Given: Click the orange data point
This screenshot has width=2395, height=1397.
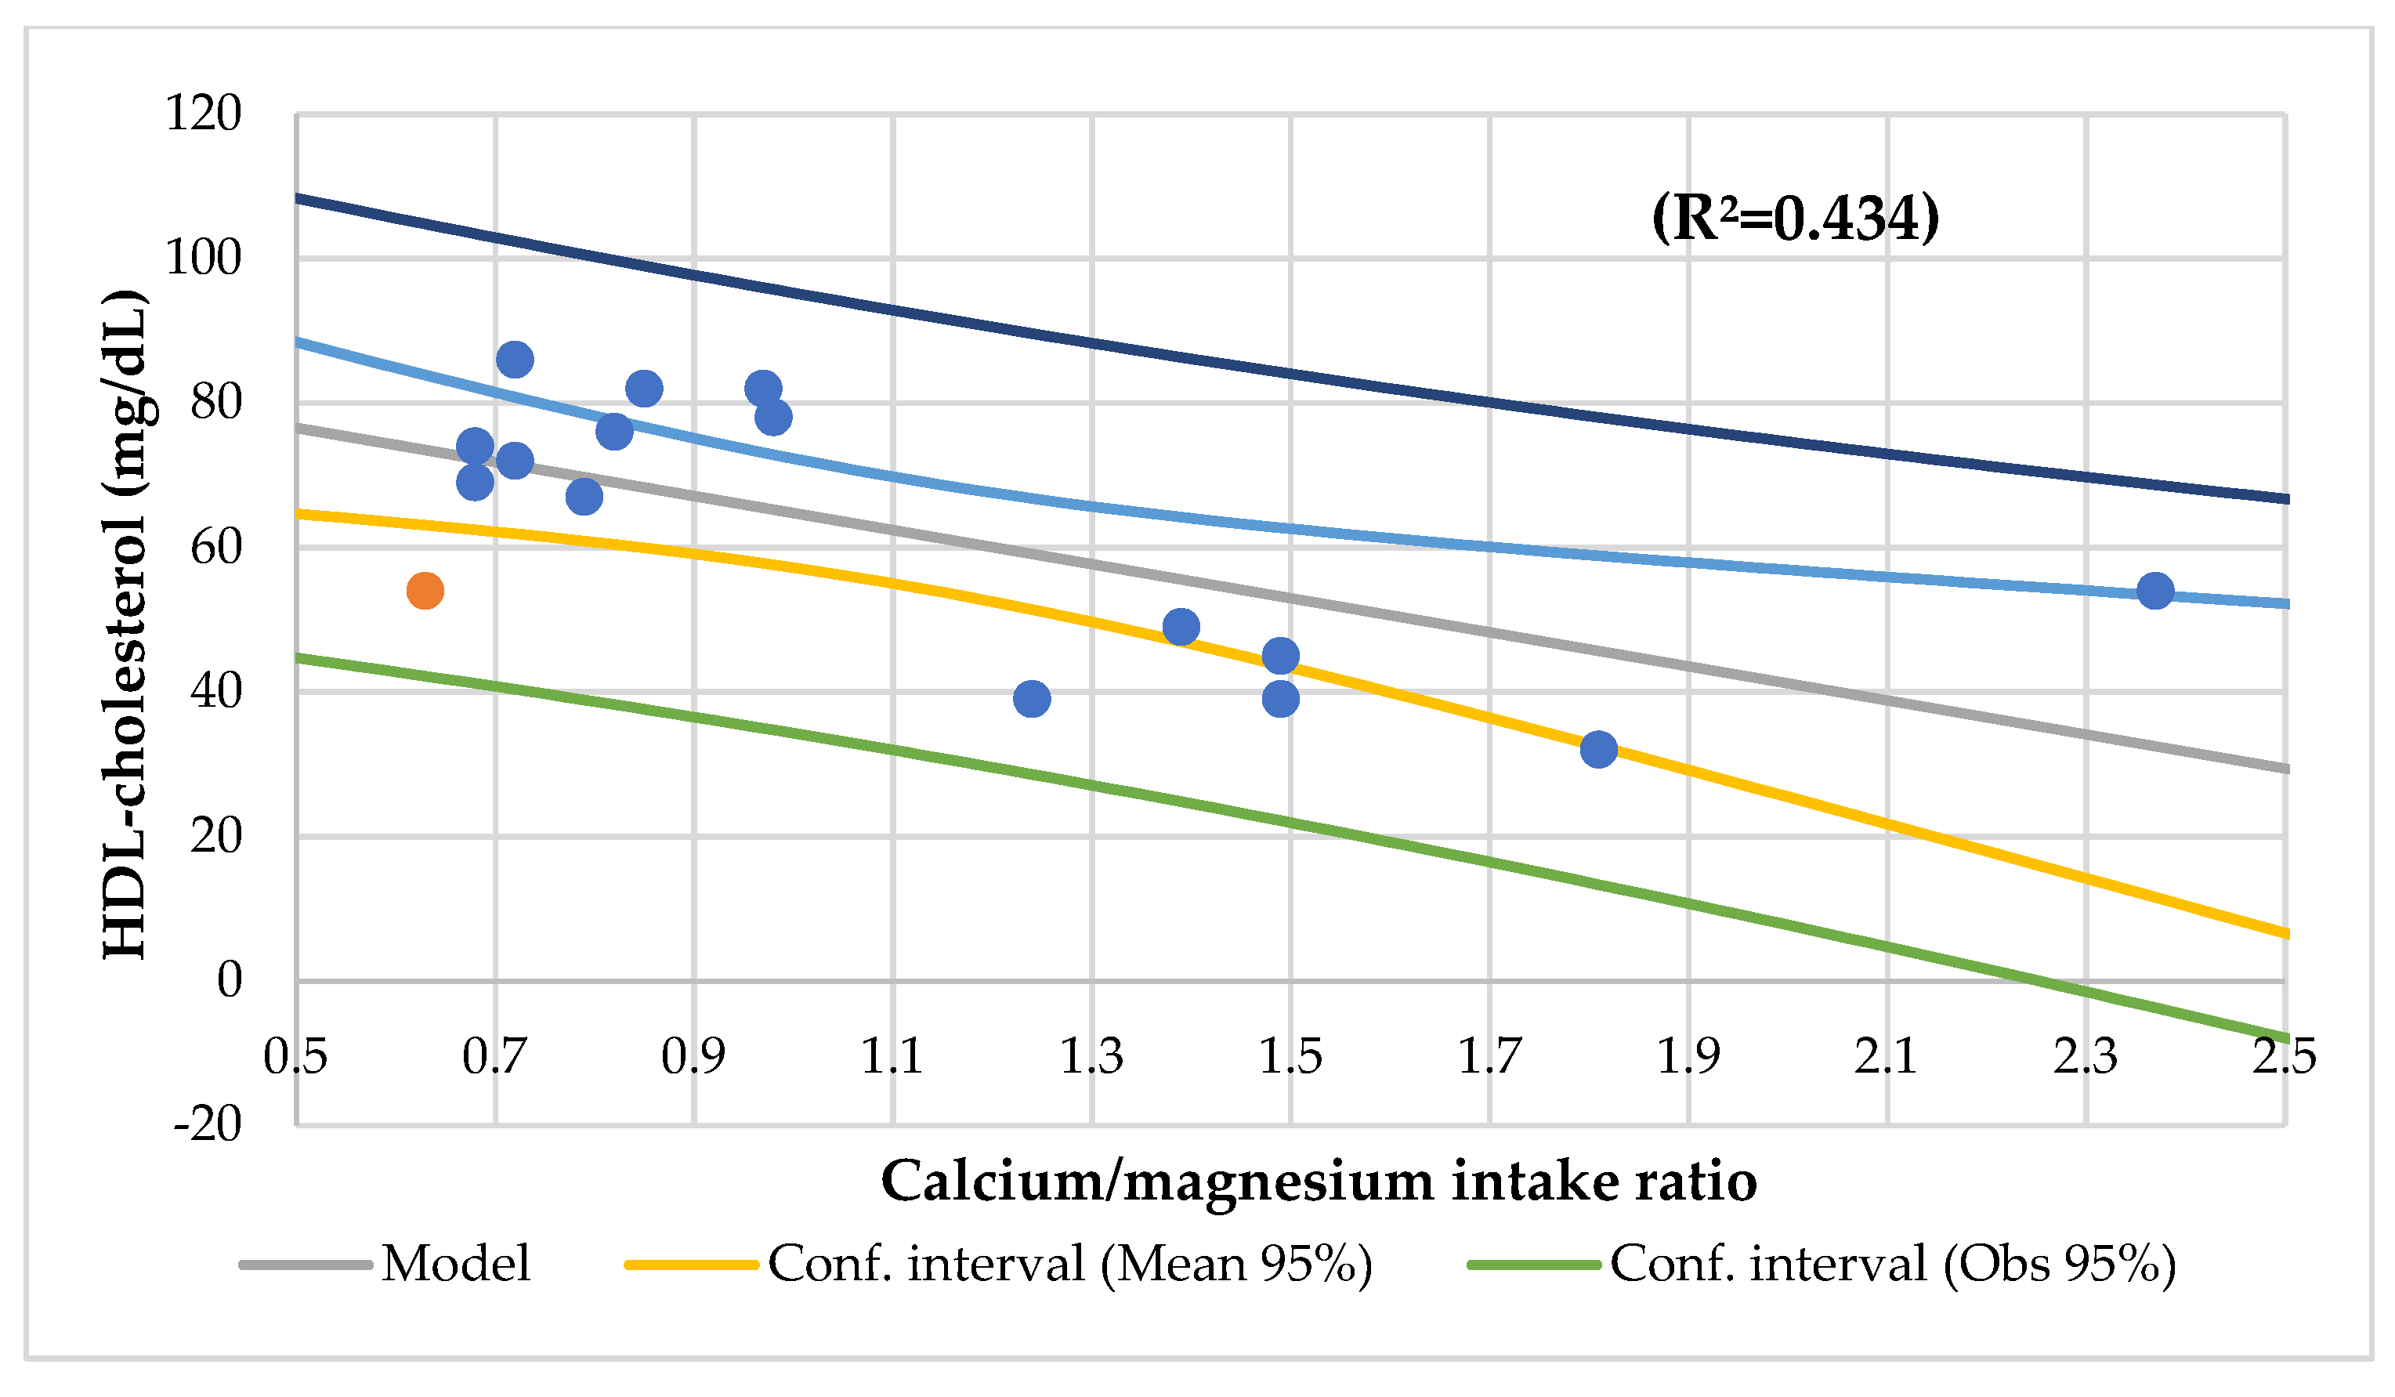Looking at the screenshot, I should (x=425, y=590).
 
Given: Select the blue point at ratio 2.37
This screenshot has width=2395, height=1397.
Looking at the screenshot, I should (x=2155, y=590).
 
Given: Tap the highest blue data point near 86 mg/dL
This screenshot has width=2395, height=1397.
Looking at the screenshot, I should (x=514, y=359).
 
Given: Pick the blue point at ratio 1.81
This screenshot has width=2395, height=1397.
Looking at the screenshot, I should (x=1598, y=749).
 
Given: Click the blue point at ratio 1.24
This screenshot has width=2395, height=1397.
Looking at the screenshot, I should (x=1031, y=699).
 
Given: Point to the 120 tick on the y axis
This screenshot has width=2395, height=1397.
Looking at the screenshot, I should (x=204, y=114).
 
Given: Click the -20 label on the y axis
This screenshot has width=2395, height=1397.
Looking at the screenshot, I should (x=207, y=1125).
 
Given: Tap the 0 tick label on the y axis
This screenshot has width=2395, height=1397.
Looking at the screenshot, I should (x=229, y=980).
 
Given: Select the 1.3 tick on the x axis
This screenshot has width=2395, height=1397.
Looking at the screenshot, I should (x=1091, y=1057).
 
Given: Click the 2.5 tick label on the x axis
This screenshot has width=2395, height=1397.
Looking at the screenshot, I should (x=2284, y=1057).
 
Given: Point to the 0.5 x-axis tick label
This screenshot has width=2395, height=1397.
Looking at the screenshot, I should (x=295, y=1057).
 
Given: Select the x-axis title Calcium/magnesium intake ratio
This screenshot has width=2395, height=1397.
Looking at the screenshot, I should (x=1319, y=1182).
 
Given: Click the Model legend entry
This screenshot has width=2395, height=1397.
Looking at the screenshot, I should (x=455, y=1264).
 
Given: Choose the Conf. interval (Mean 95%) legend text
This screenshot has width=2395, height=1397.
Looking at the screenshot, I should (x=1069, y=1264).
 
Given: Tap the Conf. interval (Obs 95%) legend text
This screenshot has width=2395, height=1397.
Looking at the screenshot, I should (x=1892, y=1264).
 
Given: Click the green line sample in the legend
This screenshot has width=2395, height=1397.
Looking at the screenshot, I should (x=1534, y=1265).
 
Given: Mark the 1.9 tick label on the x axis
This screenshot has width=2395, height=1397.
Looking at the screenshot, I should (x=1688, y=1057).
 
